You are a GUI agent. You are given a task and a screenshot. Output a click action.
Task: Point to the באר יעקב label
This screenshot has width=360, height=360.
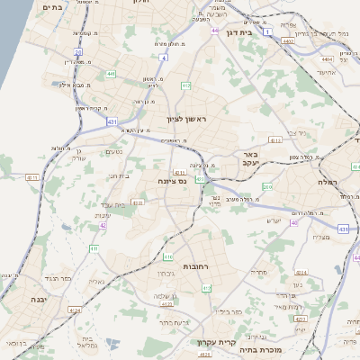click(249, 159)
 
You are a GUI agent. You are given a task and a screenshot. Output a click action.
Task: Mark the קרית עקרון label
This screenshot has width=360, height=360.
click(214, 342)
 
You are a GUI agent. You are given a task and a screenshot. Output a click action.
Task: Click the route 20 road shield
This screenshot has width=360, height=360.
click(77, 52)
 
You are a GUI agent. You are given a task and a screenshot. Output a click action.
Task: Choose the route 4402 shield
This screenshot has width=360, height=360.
click(288, 40)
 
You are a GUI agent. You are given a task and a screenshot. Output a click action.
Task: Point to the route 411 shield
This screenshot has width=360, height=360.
click(94, 247)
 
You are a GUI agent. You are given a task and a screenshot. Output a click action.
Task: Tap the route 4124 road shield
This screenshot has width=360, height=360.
click(75, 310)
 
